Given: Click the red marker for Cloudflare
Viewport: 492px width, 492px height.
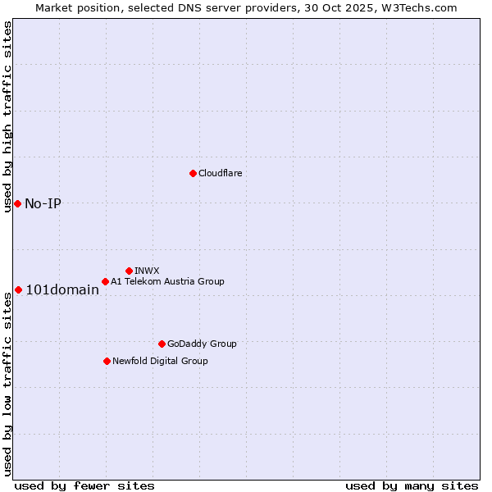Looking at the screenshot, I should point(193,173).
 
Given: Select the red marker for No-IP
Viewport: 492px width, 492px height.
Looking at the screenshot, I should point(17,203).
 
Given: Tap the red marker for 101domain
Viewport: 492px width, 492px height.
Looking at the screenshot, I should point(18,289).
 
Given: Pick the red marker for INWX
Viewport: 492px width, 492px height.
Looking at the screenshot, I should point(129,271).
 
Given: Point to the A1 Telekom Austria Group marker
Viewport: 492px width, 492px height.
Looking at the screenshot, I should point(105,281).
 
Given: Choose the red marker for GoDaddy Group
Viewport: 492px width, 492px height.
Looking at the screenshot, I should point(162,344).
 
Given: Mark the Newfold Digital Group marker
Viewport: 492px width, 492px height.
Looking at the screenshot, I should point(107,361).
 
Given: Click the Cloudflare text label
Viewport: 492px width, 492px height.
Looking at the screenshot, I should point(220,173).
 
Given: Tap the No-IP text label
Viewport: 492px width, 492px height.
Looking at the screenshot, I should point(43,203).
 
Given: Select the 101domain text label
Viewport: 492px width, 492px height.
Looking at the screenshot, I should point(62,289).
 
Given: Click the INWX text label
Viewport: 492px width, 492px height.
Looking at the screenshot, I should point(147,271).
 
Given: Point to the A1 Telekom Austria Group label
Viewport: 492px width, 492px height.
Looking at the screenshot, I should point(167,281).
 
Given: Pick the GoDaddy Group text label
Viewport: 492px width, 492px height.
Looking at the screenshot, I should point(202,344).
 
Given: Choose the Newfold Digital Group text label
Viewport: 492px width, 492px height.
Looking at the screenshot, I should point(160,361).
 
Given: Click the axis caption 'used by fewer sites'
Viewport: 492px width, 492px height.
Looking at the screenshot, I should point(84,485).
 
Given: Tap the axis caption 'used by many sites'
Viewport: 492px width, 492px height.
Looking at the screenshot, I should point(412,485).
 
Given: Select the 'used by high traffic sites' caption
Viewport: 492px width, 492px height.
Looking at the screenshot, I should point(7,116).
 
